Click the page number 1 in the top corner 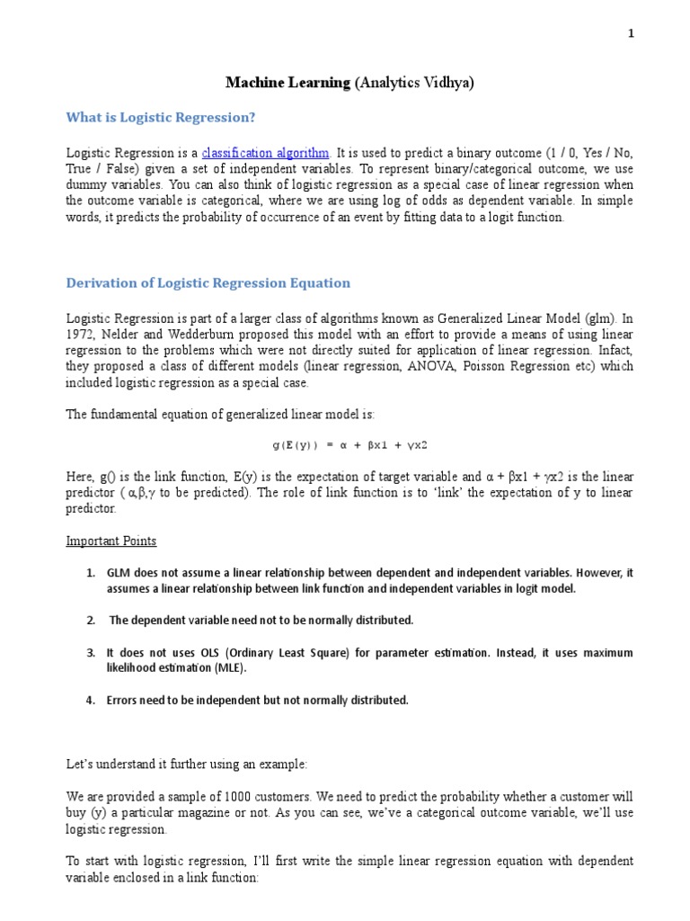631,33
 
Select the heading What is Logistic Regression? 161,118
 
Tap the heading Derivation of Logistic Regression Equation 208,282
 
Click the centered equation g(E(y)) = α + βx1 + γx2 344,444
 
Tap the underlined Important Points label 111,541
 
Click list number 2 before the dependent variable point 91,621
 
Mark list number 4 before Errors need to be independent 91,700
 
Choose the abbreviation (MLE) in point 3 227,668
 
